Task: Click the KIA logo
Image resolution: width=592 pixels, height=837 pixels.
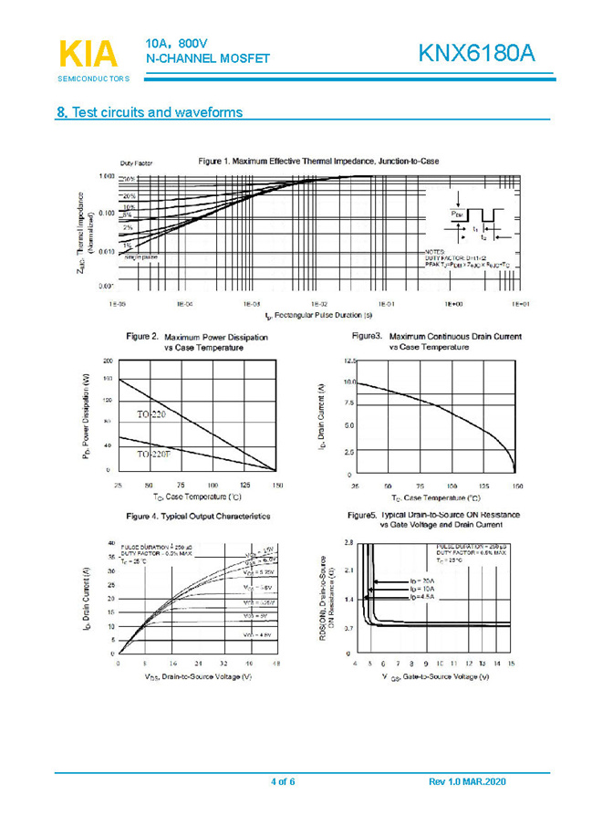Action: [88, 54]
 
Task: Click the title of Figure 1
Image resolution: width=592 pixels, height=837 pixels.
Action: [318, 161]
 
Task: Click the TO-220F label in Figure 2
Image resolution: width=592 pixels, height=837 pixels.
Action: [154, 454]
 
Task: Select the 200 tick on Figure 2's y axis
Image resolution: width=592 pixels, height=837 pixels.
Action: [108, 361]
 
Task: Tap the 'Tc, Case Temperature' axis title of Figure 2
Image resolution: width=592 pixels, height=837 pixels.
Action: [197, 497]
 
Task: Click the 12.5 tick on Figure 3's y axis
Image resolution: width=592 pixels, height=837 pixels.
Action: [349, 361]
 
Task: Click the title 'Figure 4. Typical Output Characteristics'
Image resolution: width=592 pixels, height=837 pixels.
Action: [198, 517]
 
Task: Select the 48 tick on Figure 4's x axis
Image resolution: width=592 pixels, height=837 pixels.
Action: [275, 664]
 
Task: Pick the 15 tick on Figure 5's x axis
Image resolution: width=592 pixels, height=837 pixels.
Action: [511, 664]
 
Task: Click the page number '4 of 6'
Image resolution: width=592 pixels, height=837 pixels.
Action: [284, 782]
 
